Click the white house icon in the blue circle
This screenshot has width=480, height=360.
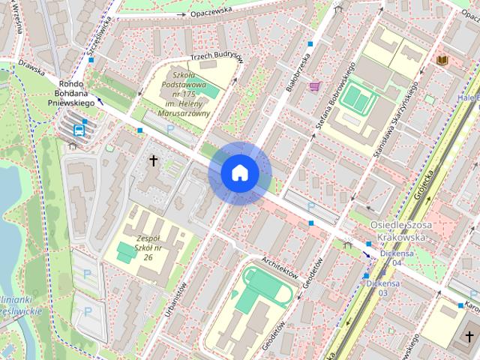click(x=239, y=172)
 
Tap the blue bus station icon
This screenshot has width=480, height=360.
click(x=79, y=129)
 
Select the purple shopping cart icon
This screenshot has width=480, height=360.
click(x=314, y=86)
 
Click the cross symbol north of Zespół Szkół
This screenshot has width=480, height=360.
click(x=154, y=160)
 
